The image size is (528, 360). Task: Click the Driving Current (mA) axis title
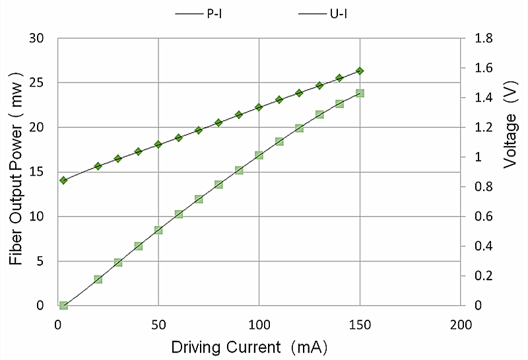click(x=249, y=347)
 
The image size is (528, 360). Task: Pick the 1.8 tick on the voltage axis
click(x=483, y=38)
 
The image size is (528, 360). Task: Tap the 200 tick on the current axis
click(x=460, y=325)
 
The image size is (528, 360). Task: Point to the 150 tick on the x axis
click(x=360, y=325)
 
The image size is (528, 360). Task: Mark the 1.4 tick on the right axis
click(x=483, y=98)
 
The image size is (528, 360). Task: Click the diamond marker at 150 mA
click(x=360, y=71)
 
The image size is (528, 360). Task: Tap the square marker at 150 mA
click(x=360, y=93)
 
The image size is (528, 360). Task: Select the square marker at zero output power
click(x=63, y=305)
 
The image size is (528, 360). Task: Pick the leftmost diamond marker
click(x=63, y=180)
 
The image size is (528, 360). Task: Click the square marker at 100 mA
click(x=259, y=155)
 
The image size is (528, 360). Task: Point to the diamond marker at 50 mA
click(x=158, y=144)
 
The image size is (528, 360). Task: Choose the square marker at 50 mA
click(x=158, y=230)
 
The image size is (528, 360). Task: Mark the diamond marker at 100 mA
click(x=259, y=107)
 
